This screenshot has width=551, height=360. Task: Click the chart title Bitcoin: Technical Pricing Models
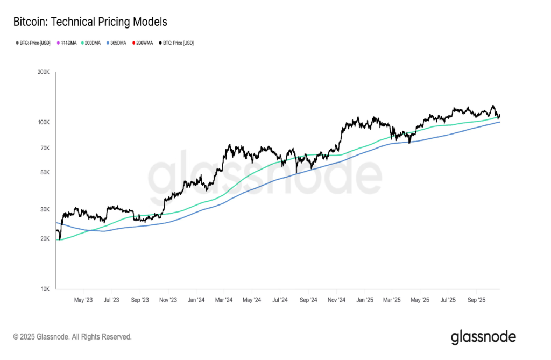[90, 22]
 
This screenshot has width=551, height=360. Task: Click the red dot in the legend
[133, 43]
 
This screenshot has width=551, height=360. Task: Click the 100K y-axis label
[44, 122]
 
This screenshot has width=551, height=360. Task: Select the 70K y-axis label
[45, 148]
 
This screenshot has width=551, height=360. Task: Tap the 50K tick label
[45, 172]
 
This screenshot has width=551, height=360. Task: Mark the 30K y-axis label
[45, 209]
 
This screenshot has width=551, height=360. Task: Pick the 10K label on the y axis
[45, 289]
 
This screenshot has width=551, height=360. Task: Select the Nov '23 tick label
[168, 300]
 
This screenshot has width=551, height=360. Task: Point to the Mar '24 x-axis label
[223, 300]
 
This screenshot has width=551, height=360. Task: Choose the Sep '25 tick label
[477, 300]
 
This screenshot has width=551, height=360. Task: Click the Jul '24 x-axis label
[280, 300]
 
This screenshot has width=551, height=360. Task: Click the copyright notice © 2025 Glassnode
[72, 337]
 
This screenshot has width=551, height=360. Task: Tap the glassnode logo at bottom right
[483, 337]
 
